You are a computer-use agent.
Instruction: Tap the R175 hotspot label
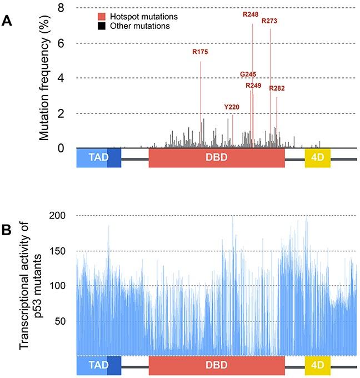click(x=200, y=52)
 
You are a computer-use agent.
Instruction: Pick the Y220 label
click(x=232, y=106)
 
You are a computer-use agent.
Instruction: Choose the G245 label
click(x=248, y=74)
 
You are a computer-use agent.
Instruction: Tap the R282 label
click(x=277, y=88)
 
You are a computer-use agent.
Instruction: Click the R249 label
click(x=253, y=86)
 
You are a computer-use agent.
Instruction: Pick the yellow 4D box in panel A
click(x=317, y=158)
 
